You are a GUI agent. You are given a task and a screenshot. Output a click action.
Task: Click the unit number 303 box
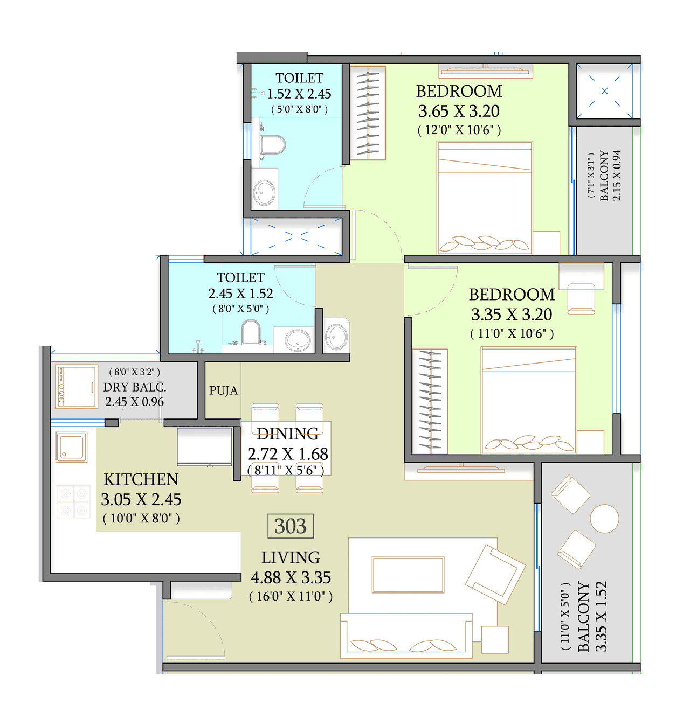coord(291,526)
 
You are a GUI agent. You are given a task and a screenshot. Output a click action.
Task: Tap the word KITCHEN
coord(141,479)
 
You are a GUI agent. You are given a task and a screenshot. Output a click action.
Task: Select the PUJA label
coord(223,390)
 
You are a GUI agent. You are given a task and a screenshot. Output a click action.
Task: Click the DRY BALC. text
coord(134,387)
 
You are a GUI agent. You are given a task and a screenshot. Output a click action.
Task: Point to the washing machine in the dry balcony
coord(77,387)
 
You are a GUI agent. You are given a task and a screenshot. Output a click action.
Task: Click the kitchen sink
coord(71,446)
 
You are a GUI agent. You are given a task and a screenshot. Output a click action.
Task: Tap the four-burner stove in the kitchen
coord(73,502)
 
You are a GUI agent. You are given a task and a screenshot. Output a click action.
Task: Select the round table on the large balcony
coord(604,519)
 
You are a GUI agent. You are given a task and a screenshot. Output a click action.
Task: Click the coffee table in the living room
coord(408,575)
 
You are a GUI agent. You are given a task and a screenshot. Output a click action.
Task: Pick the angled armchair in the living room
coord(495,574)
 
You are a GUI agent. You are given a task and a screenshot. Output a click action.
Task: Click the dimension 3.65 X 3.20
coord(459,111)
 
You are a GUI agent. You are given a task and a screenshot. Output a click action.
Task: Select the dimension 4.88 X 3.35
coord(291,577)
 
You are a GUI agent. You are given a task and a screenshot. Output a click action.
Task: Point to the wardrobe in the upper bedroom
coord(368,113)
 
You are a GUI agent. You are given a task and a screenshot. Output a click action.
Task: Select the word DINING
coord(287,434)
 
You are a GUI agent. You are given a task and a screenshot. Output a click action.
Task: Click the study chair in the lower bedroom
coord(581,298)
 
